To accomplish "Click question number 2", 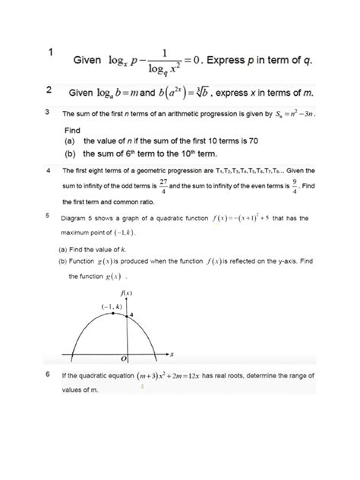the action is tap(49, 91).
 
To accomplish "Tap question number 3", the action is tap(48, 112).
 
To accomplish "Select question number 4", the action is tap(48, 170).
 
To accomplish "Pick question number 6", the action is tap(48, 375).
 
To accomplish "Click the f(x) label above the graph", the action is tap(127, 292).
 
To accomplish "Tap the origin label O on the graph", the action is tap(122, 357).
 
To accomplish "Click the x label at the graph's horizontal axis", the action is tap(172, 353).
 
